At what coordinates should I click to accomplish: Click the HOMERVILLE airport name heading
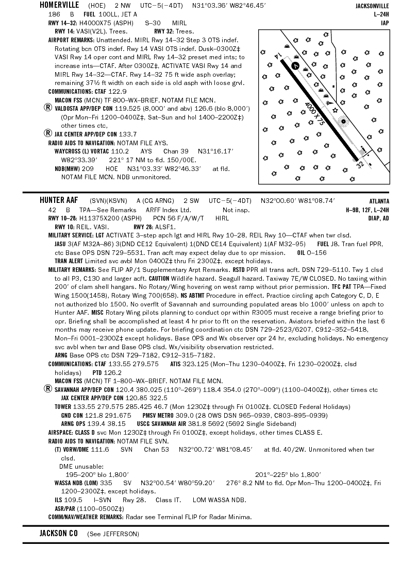59,5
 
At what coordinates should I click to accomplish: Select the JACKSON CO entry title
59,534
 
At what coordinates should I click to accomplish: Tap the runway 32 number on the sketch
360,164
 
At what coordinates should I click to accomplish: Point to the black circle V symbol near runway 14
295,65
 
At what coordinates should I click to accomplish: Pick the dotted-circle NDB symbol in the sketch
343,122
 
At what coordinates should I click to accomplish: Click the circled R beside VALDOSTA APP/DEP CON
48,108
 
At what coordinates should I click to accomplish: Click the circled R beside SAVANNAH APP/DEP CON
48,389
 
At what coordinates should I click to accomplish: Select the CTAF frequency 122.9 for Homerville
118,91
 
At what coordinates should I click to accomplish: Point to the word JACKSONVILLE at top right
372,6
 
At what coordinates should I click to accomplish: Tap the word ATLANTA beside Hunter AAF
379,201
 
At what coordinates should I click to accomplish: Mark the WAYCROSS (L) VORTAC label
81,151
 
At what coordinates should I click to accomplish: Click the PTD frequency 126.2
113,372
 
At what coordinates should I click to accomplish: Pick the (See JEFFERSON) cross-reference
113,534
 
